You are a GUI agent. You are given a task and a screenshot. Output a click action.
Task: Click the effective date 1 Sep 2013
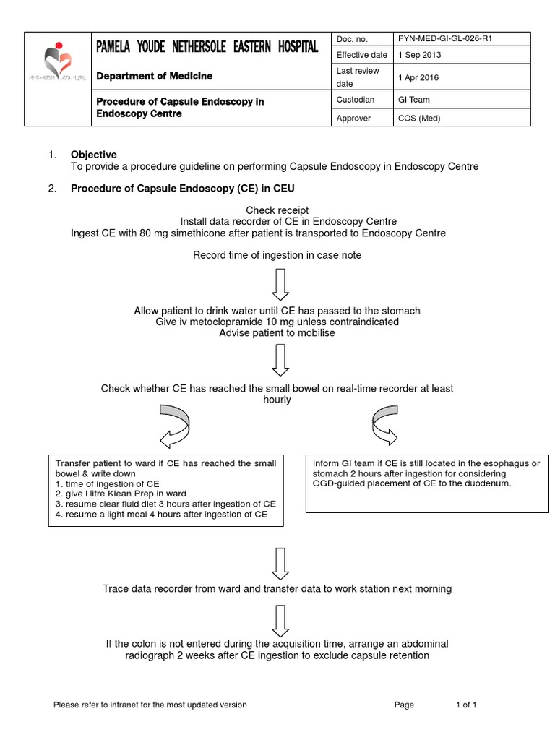click(x=421, y=55)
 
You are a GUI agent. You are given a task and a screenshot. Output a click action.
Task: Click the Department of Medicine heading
click(x=155, y=76)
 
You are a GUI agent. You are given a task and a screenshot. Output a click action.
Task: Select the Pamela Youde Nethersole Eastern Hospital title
click(x=207, y=48)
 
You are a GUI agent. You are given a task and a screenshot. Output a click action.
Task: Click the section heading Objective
click(x=93, y=155)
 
